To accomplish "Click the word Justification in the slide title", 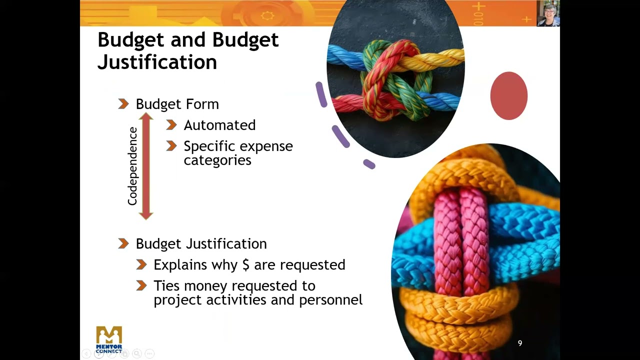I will tap(157, 62).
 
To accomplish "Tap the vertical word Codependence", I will tap(132, 166).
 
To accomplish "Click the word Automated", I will tap(219, 125).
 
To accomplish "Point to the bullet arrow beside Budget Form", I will tap(123, 104).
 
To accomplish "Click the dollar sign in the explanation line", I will tap(245, 264).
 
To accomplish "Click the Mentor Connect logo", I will tap(109, 339).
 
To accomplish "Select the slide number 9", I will tap(520, 343).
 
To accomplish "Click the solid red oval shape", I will tap(508, 95).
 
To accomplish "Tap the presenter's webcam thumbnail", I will tap(548, 13).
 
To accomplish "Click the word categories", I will tap(217, 160).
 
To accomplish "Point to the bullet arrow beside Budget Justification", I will tap(123, 243).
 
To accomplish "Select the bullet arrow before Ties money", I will tap(141, 285).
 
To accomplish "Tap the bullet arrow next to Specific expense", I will tap(171, 146).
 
